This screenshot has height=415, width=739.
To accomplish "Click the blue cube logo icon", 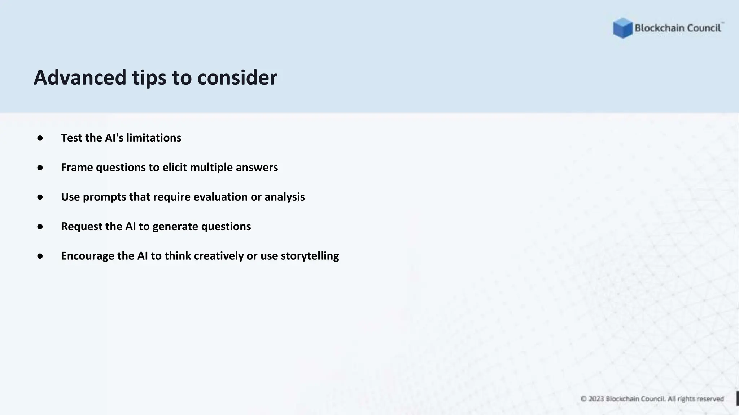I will coord(622,28).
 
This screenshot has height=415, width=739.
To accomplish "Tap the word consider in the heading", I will coord(237,77).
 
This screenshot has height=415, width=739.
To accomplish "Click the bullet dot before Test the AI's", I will coord(40,138).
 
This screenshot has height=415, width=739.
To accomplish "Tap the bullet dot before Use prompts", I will coord(40,197).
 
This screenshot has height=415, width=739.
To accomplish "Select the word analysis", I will coord(284,197).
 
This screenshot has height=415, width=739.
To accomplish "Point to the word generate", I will coord(175,227).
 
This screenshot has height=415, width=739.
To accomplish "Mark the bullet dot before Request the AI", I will coord(40,227).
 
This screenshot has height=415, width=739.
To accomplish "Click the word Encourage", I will coord(88,256).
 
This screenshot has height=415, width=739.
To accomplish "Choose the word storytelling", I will coord(310,256).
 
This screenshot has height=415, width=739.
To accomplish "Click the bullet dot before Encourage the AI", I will coord(40,256).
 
